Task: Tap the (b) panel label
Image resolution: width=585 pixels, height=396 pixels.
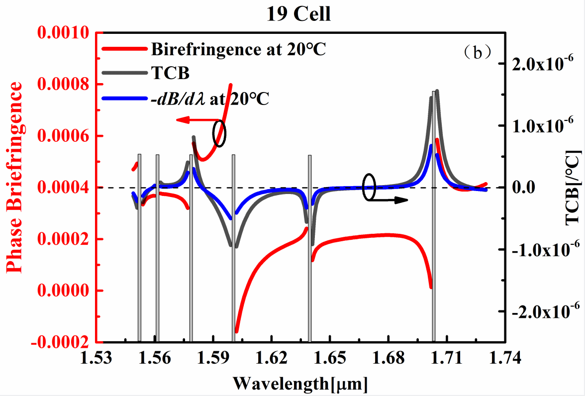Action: tap(478, 52)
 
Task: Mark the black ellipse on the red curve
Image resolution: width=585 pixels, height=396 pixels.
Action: tap(219, 133)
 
